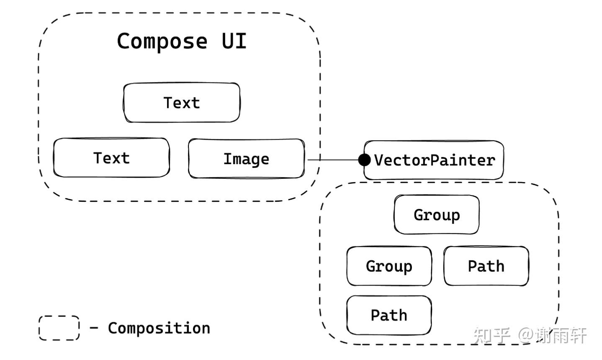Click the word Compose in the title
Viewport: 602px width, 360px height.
162,41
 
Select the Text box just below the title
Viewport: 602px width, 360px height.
182,103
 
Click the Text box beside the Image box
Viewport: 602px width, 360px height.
111,158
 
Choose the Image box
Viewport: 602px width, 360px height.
246,159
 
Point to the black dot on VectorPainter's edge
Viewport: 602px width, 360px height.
365,159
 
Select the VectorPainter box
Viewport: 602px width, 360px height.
434,160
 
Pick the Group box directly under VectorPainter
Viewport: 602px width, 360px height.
437,215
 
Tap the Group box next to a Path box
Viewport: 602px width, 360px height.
389,266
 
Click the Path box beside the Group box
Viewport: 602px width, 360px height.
486,266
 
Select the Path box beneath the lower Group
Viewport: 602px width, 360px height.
389,315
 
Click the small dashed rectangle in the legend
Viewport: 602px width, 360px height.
59,328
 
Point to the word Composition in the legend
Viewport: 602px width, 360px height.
159,328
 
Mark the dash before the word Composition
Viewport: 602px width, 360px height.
94,327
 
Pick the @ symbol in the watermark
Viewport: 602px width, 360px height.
526,335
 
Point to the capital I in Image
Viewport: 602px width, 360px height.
228,159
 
